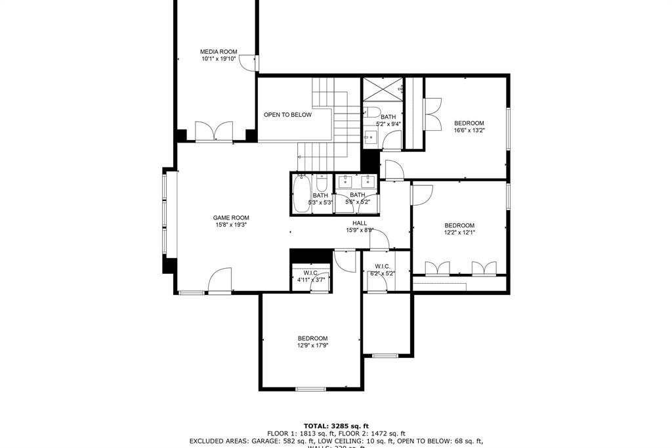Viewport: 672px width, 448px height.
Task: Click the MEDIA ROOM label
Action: point(219,52)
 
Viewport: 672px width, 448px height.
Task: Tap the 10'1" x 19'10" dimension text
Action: point(219,59)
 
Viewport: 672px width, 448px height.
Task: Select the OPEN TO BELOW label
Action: point(287,115)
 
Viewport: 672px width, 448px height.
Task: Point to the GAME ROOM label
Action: point(231,218)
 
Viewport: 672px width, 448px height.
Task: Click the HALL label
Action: point(360,223)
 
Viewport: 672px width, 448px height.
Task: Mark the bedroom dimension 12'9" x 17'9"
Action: point(312,346)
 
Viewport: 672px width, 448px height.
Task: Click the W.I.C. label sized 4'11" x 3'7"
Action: point(310,273)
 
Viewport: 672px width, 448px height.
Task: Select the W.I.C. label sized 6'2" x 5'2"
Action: point(382,266)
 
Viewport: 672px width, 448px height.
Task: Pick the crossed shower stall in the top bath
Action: point(383,88)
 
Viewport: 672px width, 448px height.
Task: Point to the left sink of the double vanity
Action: point(345,181)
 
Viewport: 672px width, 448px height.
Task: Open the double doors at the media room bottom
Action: point(214,131)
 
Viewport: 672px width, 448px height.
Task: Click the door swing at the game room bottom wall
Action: point(220,281)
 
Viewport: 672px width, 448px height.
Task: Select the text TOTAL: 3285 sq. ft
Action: point(336,425)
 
